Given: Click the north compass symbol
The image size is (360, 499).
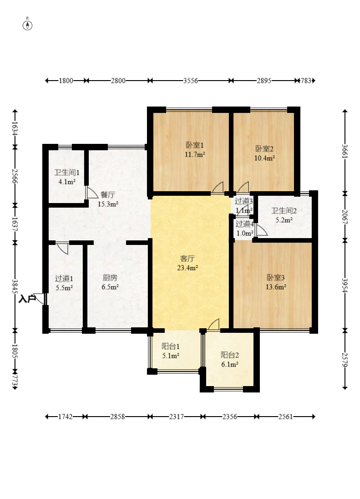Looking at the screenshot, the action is coord(28,25).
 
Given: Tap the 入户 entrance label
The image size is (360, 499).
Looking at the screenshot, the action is coord(27,299).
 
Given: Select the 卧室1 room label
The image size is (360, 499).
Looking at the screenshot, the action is coord(195,145).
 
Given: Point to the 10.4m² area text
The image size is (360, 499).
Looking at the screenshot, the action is coord(264,158).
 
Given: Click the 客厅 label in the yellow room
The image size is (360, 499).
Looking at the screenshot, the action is coord(188,259).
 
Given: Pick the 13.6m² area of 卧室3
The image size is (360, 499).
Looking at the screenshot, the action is coord(276,287).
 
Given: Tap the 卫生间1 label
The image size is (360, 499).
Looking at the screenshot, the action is coord(67,173).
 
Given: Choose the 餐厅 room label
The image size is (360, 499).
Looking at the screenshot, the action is coord(108,194).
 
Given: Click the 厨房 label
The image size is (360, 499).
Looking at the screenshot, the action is coord(110,278).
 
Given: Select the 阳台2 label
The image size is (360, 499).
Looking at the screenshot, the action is coord(230,355).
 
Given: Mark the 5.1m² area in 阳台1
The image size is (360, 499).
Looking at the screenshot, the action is coord(171,356).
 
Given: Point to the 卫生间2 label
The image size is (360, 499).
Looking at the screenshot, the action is coord(284,211).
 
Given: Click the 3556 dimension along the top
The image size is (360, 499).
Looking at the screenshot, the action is coord(191,81).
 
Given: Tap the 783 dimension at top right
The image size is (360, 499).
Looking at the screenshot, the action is coord(306,81).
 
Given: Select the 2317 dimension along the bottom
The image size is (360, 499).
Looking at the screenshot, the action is coord(177,417).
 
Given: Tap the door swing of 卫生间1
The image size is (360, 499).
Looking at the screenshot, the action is coord(91,193).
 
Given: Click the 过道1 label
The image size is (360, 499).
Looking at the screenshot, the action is coord(64,279).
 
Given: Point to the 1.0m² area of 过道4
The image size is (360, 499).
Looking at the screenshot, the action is coord(245,233).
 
